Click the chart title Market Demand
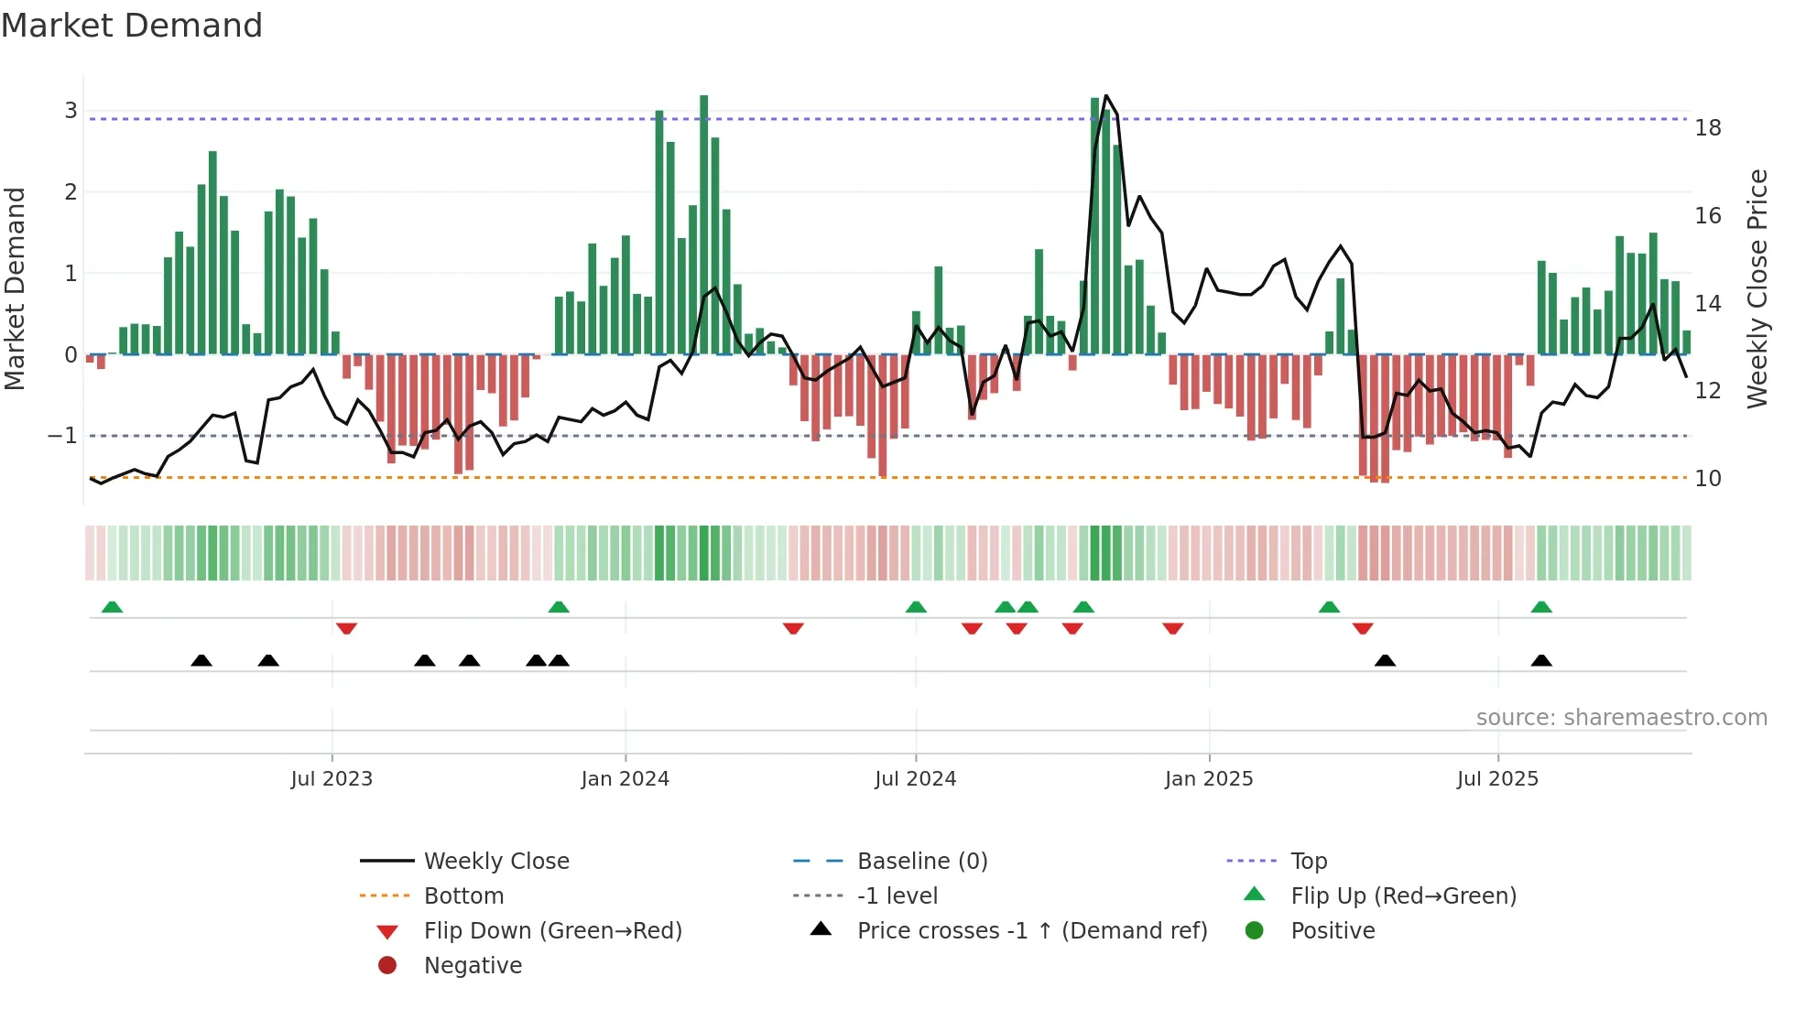[x=132, y=26]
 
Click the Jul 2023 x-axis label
[x=332, y=779]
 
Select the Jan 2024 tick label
[x=625, y=779]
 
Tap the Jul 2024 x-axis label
[x=915, y=779]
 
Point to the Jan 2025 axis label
[x=1209, y=779]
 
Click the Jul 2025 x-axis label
[x=1497, y=779]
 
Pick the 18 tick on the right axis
[x=1708, y=128]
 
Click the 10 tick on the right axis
[x=1708, y=479]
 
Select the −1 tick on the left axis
[x=62, y=436]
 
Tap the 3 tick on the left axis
[x=71, y=111]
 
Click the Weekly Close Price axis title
[x=1757, y=288]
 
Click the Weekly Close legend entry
[x=495, y=862]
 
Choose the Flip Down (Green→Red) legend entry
[x=552, y=931]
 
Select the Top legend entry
[x=1309, y=862]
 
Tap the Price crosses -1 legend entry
[x=1031, y=931]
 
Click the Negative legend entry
[x=473, y=966]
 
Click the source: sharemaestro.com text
[x=1621, y=718]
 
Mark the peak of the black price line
[x=1106, y=96]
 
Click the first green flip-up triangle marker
[x=112, y=607]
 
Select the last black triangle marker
[x=1541, y=661]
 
